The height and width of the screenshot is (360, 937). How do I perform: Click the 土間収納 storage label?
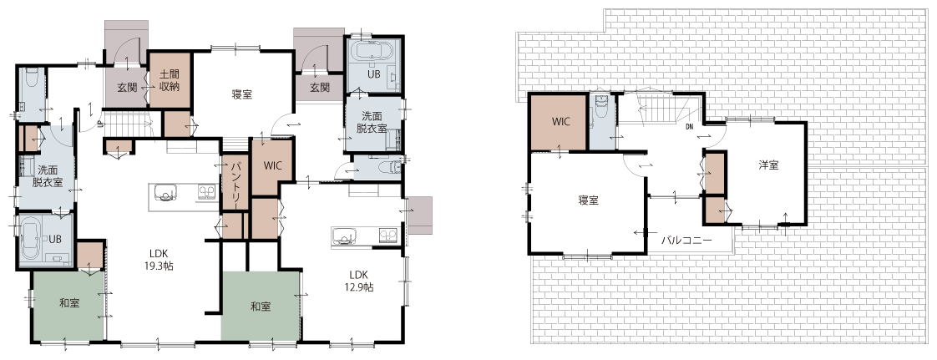[x=170, y=81]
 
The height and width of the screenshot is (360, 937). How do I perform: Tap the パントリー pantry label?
[x=235, y=184]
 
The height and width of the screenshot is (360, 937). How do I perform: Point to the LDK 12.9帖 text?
[x=358, y=281]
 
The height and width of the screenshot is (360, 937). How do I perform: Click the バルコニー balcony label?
[x=686, y=241]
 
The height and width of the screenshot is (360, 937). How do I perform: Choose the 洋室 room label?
[x=768, y=165]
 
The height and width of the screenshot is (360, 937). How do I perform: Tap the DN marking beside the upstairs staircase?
[x=689, y=126]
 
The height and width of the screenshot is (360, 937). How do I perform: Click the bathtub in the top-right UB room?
[x=373, y=52]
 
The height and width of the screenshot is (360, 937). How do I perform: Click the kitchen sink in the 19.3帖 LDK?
[x=166, y=192]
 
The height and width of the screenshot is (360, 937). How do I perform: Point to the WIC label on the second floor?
[x=560, y=121]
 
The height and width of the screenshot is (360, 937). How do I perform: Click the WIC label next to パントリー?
[x=271, y=165]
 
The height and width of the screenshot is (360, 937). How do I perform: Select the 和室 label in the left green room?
[x=69, y=303]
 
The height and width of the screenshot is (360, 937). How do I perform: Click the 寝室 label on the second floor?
[x=589, y=200]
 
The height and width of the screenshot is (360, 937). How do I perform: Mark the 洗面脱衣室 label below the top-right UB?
[x=372, y=123]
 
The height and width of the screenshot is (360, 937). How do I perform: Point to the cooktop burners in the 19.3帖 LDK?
[x=207, y=192]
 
